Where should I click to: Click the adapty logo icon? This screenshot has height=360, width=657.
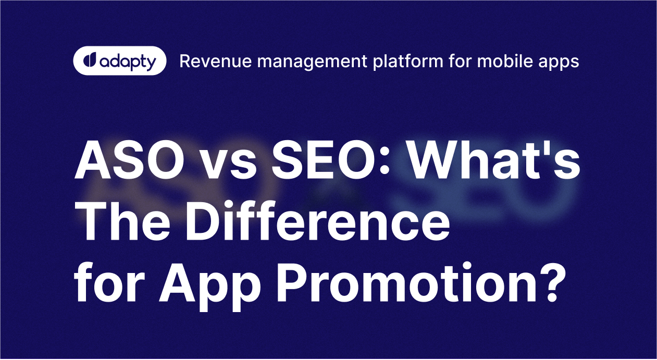coord(89,60)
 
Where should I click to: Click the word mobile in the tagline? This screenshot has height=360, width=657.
coord(500,61)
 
